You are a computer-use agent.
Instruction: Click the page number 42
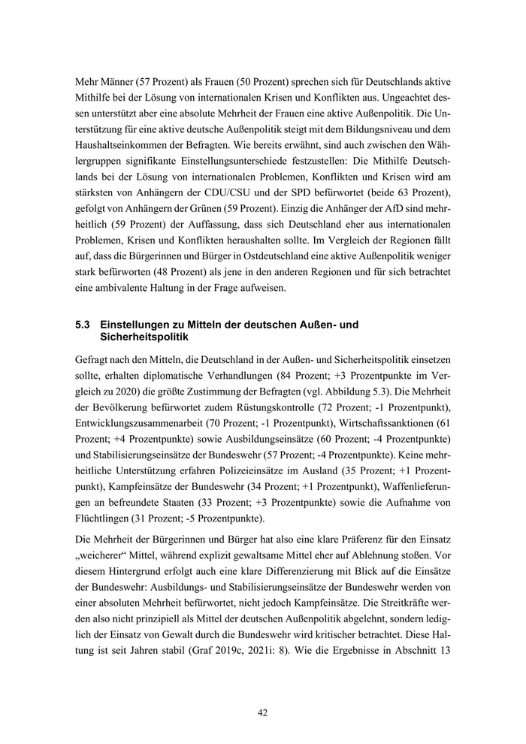click(262, 712)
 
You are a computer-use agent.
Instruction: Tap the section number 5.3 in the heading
click(83, 325)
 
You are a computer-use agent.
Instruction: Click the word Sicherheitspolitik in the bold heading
click(141, 338)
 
